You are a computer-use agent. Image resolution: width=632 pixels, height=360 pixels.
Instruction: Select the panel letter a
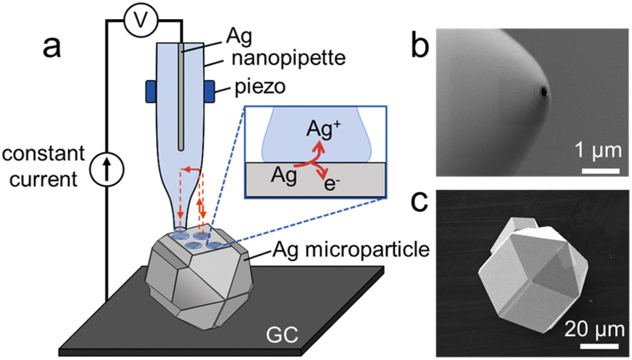51,48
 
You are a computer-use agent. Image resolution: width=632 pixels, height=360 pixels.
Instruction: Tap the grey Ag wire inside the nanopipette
181,95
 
